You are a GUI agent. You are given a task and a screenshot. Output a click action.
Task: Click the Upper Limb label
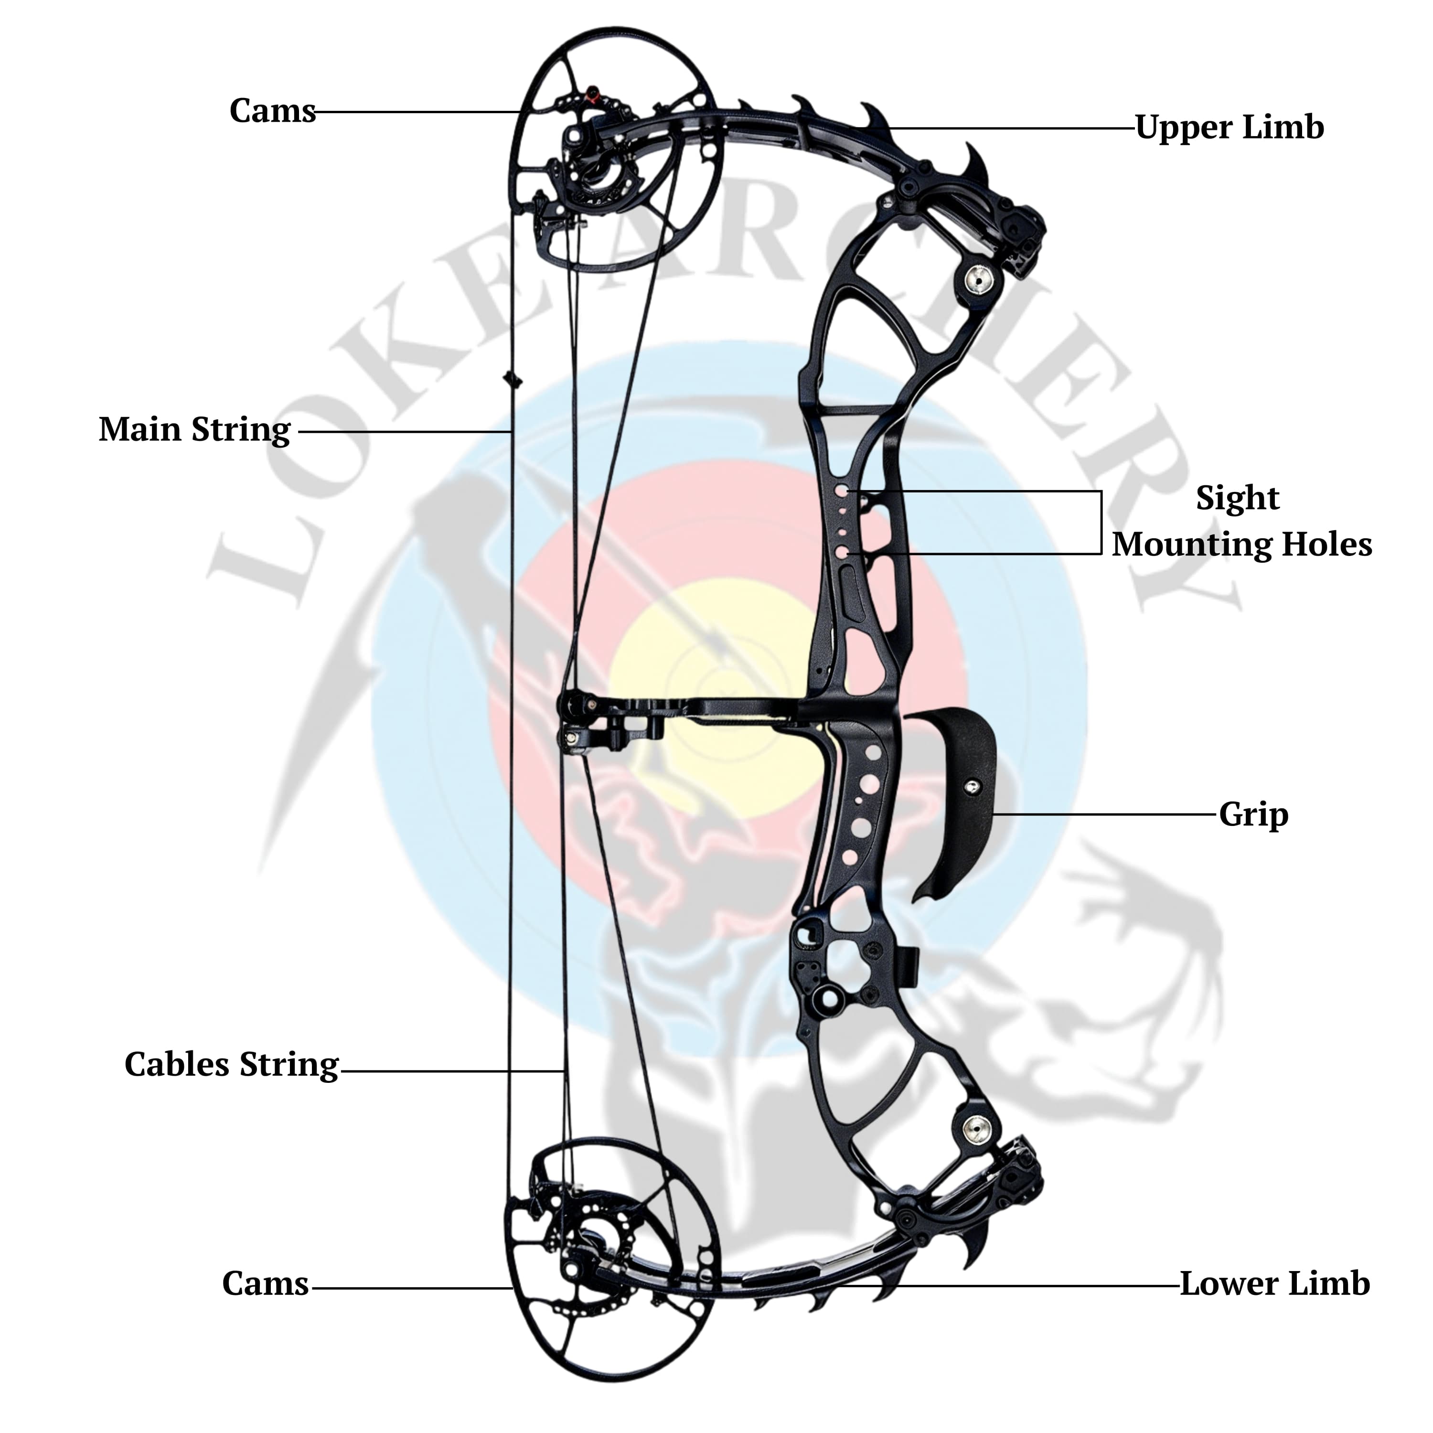click(x=1229, y=128)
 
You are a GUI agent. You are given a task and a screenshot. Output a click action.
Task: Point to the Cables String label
click(x=231, y=1064)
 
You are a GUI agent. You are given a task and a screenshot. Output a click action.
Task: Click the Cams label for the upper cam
click(x=272, y=111)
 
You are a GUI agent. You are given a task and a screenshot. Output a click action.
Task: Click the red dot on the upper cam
click(x=593, y=94)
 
